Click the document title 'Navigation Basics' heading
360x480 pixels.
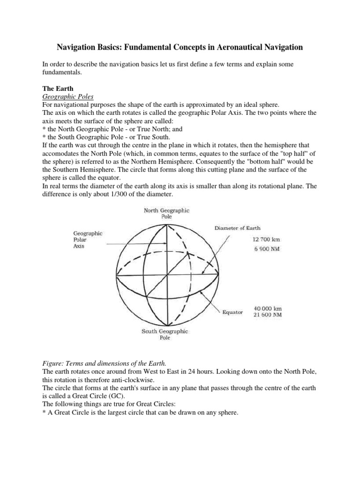[x=180, y=47]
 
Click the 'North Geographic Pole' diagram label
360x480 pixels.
[x=166, y=214]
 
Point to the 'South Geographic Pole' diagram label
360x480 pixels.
[x=165, y=334]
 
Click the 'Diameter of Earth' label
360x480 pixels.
[x=237, y=228]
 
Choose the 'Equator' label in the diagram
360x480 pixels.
[x=232, y=312]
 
